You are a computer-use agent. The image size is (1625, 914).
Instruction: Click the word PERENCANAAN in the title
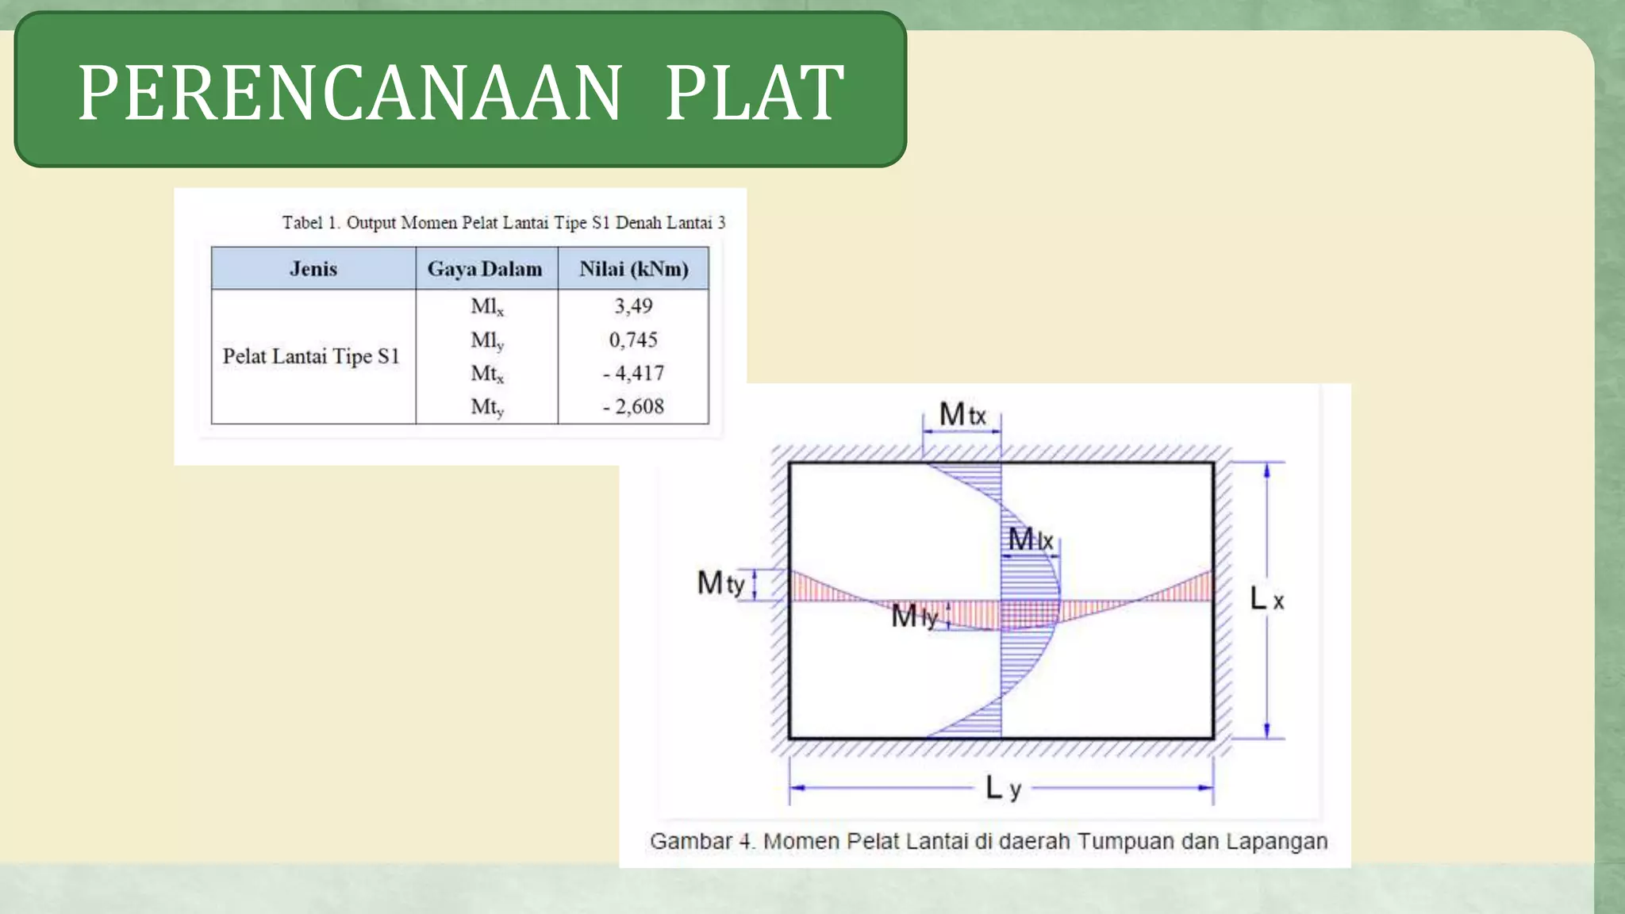pyautogui.click(x=349, y=94)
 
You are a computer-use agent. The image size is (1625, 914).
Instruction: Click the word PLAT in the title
pyautogui.click(x=754, y=94)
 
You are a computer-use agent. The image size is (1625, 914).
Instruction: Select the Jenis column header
pyautogui.click(x=313, y=269)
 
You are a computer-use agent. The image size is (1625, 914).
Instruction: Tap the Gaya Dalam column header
pyautogui.click(x=485, y=269)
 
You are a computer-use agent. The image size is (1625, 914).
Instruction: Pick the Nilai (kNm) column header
pyautogui.click(x=633, y=269)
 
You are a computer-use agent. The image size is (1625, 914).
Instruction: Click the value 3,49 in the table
pyautogui.click(x=633, y=306)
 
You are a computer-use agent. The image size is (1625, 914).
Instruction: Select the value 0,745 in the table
pyautogui.click(x=633, y=340)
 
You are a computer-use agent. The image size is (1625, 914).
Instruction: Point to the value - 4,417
pyautogui.click(x=633, y=373)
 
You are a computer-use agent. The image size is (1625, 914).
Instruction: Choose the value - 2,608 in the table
pyautogui.click(x=633, y=406)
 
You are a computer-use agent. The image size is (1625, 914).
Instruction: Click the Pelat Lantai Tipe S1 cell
pyautogui.click(x=310, y=356)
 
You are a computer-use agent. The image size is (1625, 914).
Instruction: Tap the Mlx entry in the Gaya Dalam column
pyautogui.click(x=486, y=307)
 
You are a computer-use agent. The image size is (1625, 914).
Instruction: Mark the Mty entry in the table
pyautogui.click(x=486, y=407)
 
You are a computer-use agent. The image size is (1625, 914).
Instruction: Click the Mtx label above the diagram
pyautogui.click(x=962, y=414)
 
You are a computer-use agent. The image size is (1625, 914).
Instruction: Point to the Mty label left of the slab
pyautogui.click(x=720, y=583)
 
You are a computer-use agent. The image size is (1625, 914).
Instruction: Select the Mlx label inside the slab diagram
pyautogui.click(x=1030, y=540)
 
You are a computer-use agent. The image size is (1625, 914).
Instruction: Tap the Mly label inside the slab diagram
pyautogui.click(x=914, y=616)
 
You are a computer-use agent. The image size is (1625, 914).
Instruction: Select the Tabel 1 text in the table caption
pyautogui.click(x=310, y=223)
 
